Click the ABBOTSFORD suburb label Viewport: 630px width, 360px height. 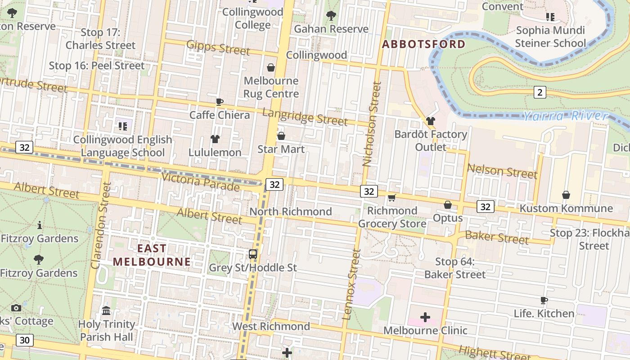click(x=423, y=44)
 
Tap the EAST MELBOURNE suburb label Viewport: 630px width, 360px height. click(x=152, y=255)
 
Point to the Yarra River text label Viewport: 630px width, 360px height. click(x=565, y=116)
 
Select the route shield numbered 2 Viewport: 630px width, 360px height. click(x=540, y=92)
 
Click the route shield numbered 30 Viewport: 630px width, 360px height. click(x=25, y=340)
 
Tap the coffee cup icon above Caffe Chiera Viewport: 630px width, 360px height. click(x=219, y=102)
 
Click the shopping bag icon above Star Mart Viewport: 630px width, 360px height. click(x=281, y=136)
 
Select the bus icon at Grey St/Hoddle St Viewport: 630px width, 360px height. click(x=253, y=254)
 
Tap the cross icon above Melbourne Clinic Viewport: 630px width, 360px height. click(x=425, y=318)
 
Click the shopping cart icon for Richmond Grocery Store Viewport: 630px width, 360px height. click(x=392, y=198)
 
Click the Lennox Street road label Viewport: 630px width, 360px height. click(x=351, y=284)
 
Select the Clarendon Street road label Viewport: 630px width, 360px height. click(x=101, y=225)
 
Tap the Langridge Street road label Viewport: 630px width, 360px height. click(x=305, y=117)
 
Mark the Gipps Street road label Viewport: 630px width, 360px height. click(x=218, y=47)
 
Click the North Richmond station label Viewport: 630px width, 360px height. click(x=290, y=211)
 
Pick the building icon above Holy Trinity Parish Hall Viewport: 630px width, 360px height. click(x=106, y=311)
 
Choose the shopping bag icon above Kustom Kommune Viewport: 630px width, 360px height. click(x=566, y=195)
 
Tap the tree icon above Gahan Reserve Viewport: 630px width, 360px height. click(x=331, y=16)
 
